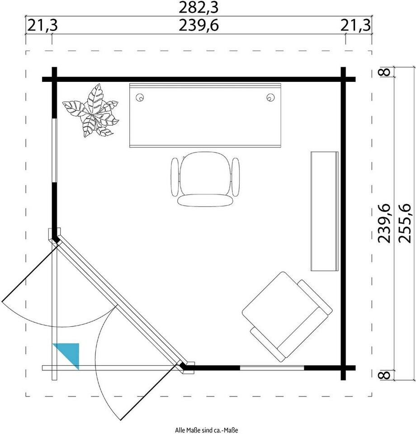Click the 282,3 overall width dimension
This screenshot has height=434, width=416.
click(199, 8)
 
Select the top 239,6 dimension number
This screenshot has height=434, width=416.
click(199, 25)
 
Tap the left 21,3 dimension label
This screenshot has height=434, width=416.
click(43, 25)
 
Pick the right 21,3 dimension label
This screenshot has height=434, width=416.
click(355, 25)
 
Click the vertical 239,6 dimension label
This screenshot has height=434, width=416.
click(384, 223)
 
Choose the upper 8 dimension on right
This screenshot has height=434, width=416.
click(385, 72)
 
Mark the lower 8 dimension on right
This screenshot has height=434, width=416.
click(385, 375)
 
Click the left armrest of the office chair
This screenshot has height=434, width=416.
click(175, 177)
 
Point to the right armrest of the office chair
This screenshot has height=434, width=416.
click(236, 177)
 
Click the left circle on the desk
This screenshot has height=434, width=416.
click(140, 98)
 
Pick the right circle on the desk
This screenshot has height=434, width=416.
click(270, 98)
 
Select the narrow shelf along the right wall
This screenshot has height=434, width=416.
click(324, 211)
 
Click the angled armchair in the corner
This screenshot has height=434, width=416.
click(287, 316)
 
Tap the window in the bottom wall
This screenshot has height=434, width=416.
click(272, 368)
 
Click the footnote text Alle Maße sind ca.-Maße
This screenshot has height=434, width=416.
click(207, 430)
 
